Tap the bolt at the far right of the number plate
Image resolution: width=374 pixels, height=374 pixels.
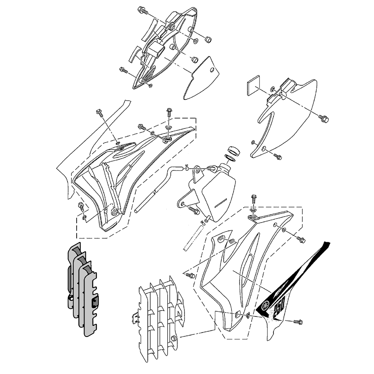[324, 118]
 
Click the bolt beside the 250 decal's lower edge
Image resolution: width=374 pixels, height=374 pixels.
[298, 322]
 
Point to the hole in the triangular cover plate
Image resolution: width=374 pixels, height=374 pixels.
[212, 70]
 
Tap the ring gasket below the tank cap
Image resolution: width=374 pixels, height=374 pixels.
[230, 158]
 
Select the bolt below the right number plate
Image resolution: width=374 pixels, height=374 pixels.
[277, 156]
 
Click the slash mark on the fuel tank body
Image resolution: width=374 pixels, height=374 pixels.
[220, 204]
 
